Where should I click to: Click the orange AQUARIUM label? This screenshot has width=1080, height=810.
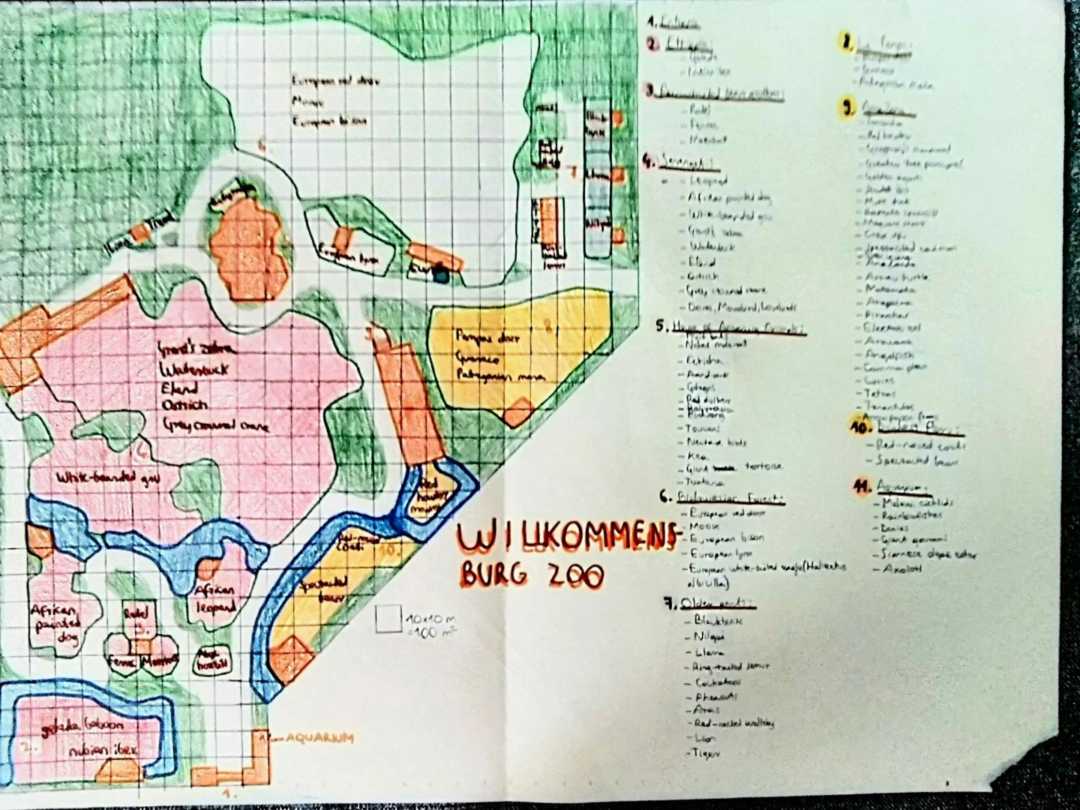[318, 738]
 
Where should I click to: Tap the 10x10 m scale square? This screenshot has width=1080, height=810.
[388, 619]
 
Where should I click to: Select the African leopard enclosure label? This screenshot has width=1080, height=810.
[216, 598]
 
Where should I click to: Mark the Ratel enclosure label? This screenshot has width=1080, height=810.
[137, 613]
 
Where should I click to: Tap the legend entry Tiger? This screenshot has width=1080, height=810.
[700, 752]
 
